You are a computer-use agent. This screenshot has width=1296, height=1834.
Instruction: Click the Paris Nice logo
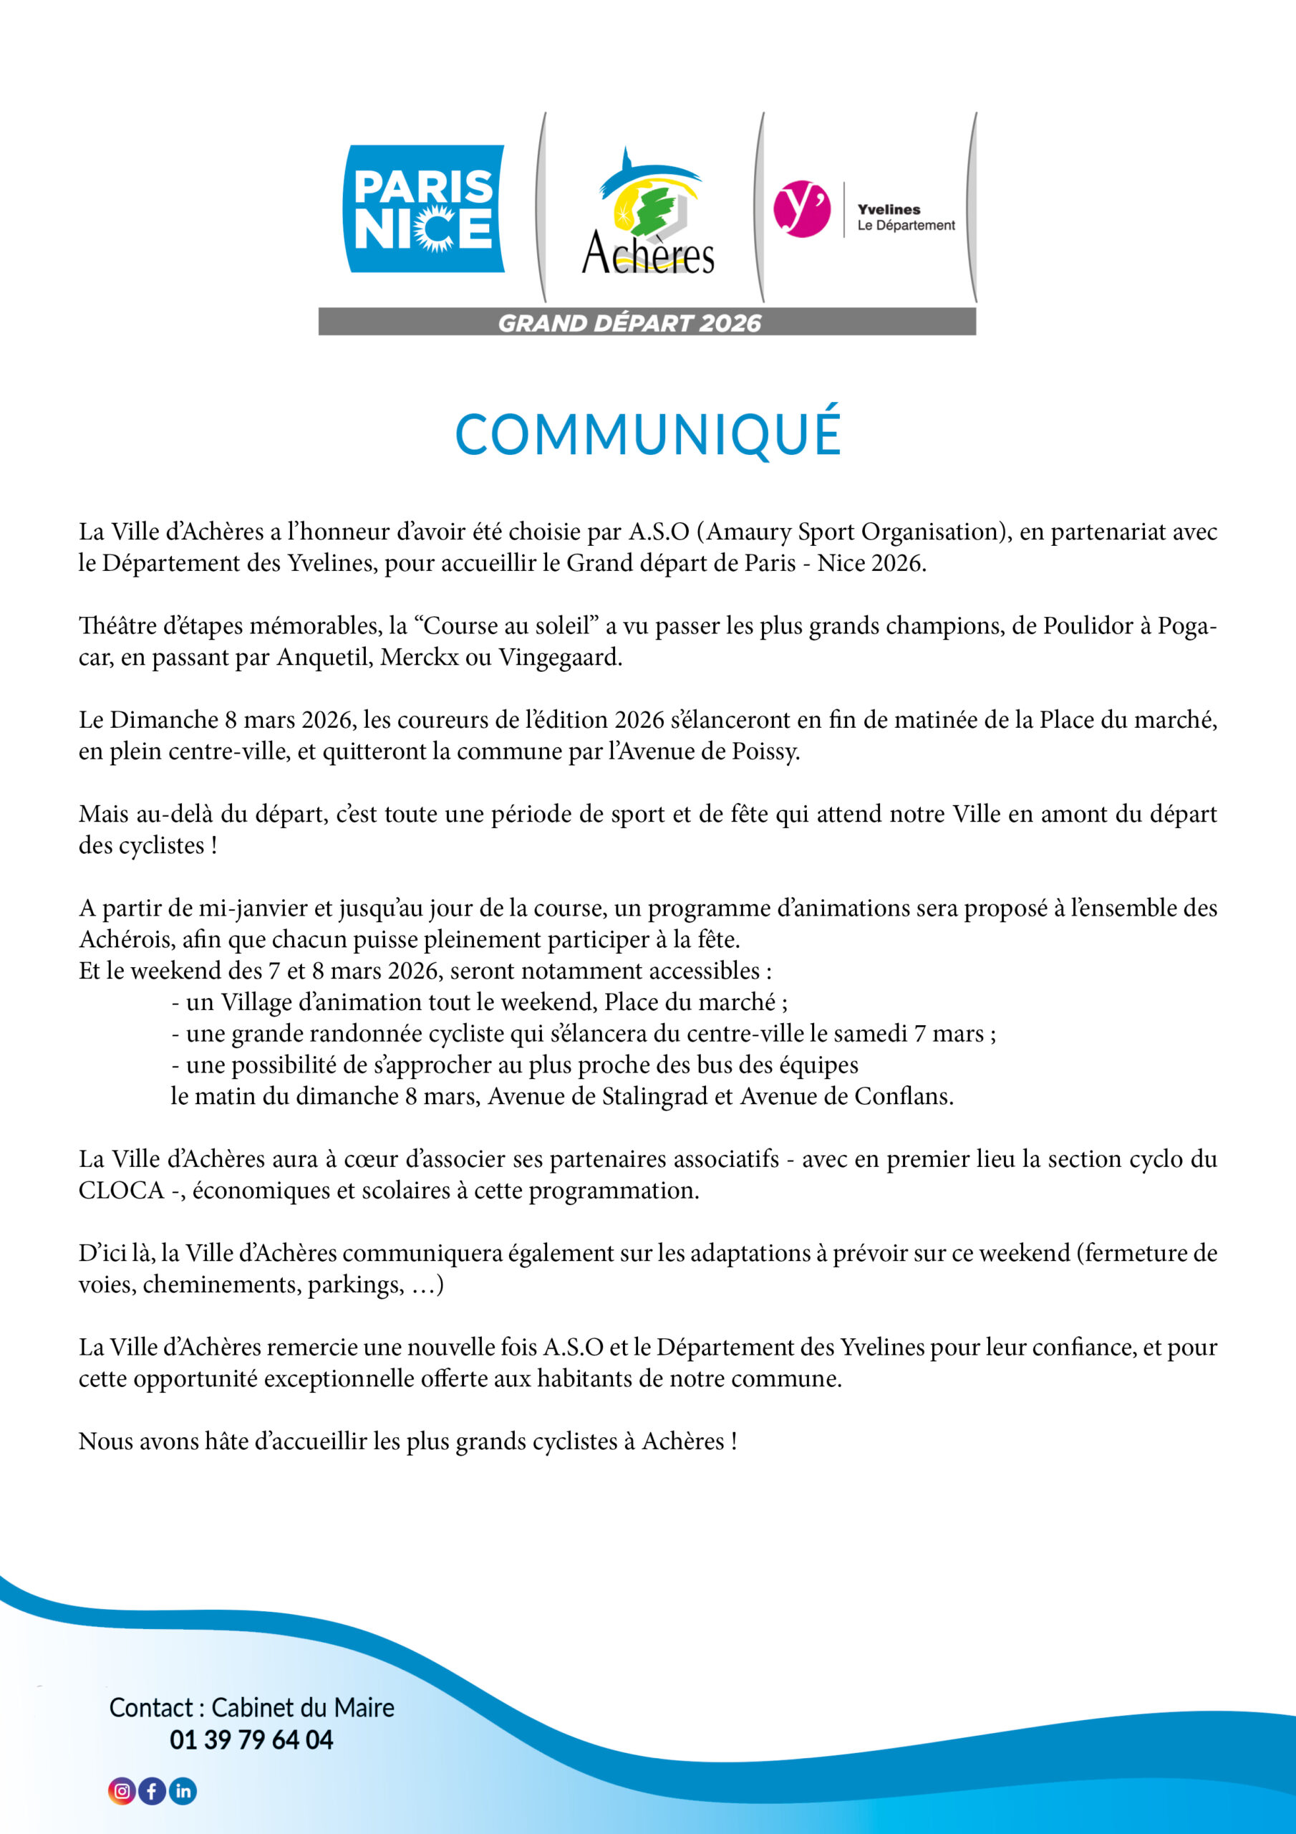tap(423, 208)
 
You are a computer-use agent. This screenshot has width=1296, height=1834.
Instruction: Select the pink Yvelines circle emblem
tap(801, 208)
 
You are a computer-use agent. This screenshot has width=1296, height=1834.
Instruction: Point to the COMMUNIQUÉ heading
tap(647, 435)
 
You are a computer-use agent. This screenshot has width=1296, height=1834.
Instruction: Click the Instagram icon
tap(122, 1791)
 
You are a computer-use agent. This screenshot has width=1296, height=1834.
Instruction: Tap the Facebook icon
tap(153, 1791)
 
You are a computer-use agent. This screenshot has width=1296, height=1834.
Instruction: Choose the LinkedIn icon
tap(183, 1791)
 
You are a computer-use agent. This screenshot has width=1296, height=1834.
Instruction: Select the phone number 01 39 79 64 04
tap(251, 1739)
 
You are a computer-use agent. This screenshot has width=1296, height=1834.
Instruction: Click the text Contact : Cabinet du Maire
tap(251, 1707)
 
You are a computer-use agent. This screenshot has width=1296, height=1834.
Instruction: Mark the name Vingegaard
tap(560, 658)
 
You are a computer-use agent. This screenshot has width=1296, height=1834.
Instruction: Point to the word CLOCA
tap(120, 1190)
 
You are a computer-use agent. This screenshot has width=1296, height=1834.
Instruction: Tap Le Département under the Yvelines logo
tap(906, 225)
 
